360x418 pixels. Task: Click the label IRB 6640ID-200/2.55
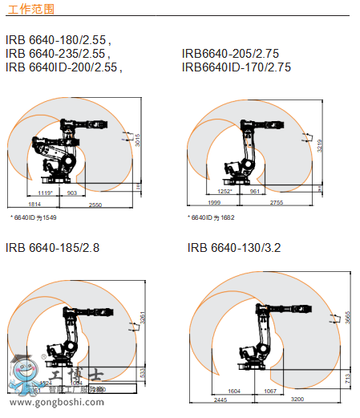click(x=63, y=67)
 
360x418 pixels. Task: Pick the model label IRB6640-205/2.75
click(x=230, y=54)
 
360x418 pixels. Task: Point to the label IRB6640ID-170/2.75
click(x=236, y=67)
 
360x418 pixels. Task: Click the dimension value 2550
click(x=95, y=205)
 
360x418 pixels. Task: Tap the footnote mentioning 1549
click(x=33, y=217)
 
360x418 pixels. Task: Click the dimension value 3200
click(x=297, y=399)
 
